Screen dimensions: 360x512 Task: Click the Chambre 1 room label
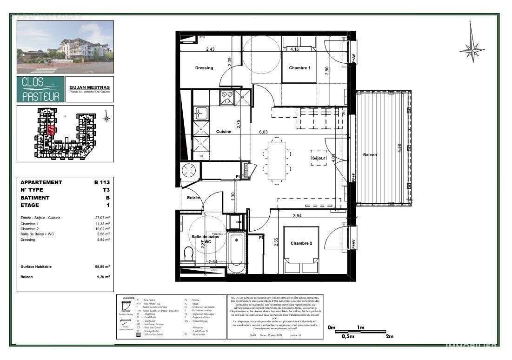coord(299,68)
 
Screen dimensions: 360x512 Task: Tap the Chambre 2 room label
coord(301,243)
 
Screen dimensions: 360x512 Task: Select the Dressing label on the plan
coord(204,68)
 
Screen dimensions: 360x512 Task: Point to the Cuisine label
coord(224,132)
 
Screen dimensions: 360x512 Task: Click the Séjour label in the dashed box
coord(319,158)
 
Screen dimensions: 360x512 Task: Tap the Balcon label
coord(370,155)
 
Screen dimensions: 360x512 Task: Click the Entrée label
coord(193,198)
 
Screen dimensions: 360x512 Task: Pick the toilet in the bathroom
coord(188,254)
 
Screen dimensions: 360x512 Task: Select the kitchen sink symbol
coord(201,113)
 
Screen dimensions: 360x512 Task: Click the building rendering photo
coord(65,47)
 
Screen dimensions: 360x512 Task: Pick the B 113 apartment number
coord(102,182)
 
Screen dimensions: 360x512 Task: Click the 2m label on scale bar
coord(389,336)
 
